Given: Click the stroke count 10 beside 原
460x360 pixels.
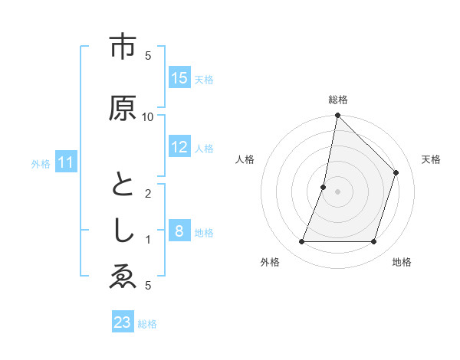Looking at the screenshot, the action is (x=148, y=116).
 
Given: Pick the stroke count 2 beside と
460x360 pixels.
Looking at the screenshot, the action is (x=148, y=193).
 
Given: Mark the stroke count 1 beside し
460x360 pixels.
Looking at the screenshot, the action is (x=148, y=240).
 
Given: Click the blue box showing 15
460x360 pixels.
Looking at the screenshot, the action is (x=179, y=78).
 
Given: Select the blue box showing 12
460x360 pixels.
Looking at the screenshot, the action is (x=179, y=147).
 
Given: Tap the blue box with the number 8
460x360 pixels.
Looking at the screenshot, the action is (x=179, y=231).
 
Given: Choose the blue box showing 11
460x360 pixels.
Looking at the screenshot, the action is (x=66, y=162).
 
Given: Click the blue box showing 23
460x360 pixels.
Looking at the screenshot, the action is (x=123, y=322).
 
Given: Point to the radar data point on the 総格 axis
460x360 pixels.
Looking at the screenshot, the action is (x=337, y=116).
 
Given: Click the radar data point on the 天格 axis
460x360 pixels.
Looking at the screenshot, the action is (x=396, y=172).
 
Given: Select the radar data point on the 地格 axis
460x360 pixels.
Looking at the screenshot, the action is (x=374, y=242).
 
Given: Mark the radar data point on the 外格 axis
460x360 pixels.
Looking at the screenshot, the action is (x=301, y=242).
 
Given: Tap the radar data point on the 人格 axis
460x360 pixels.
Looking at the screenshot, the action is (x=324, y=187).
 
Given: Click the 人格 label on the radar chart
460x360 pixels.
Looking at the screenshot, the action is (x=245, y=159).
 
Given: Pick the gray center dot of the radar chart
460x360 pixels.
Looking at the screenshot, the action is (x=337, y=191).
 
